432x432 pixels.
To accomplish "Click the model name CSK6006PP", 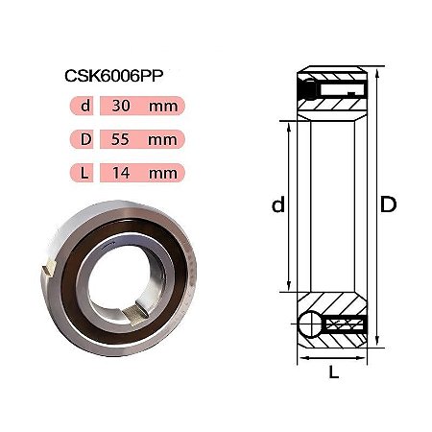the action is [x=114, y=76].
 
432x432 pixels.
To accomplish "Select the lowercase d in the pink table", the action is [x=85, y=106].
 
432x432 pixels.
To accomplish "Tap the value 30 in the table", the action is [x=121, y=106].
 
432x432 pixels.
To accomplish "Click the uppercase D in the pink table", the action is [x=85, y=139].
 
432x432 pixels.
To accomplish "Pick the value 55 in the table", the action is [x=120, y=139].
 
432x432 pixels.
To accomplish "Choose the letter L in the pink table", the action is [x=84, y=173].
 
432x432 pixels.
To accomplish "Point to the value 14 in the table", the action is [x=121, y=173].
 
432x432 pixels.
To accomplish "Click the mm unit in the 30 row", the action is [x=163, y=107].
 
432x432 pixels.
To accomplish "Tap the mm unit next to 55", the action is [x=162, y=140].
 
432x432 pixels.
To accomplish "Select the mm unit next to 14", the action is [x=163, y=174].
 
